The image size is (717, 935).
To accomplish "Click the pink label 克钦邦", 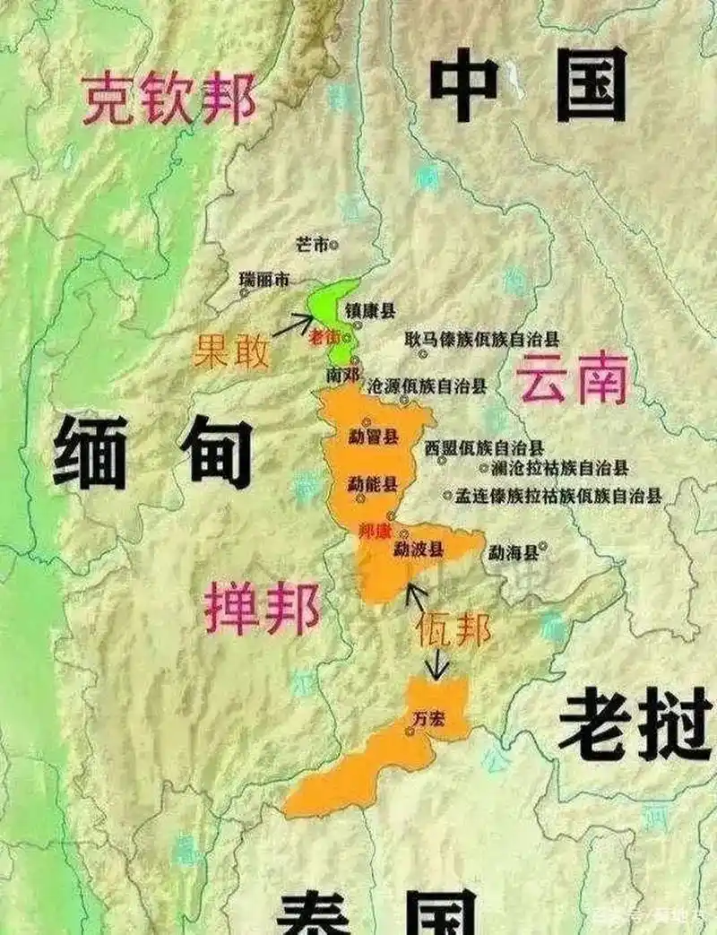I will point(168,99).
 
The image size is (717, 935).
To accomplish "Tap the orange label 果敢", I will point(230,352).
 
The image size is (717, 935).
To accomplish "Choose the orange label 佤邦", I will point(453,630).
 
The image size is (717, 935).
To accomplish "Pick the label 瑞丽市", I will point(264,281).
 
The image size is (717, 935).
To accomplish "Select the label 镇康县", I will point(370,311).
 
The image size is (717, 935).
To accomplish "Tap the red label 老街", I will point(324,337).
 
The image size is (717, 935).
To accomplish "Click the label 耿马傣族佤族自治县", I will point(481,340).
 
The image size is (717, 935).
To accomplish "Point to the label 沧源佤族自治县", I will point(428,386).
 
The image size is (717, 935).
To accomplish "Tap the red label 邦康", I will point(375,531).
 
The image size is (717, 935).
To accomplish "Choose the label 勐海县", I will point(514,553).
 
